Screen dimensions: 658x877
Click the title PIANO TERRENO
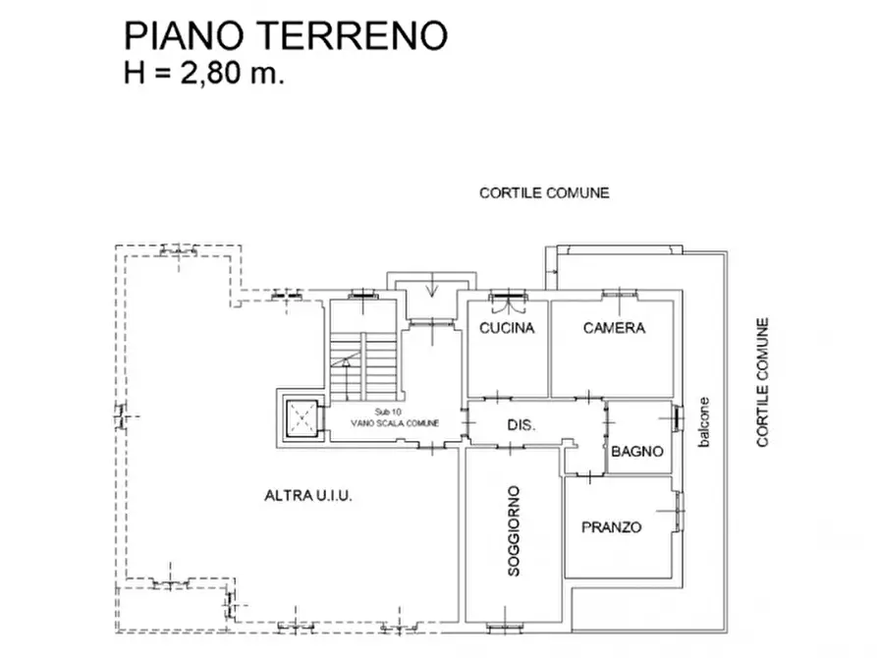pos(285,35)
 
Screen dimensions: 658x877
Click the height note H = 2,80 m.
pos(204,74)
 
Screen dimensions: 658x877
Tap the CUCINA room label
pos(507,328)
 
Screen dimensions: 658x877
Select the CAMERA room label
pos(614,328)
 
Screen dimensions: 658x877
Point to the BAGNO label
pos(637,453)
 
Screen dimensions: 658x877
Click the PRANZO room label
pos(611,527)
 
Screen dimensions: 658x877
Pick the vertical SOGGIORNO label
pos(515,530)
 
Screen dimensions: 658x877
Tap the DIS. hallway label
pos(521,425)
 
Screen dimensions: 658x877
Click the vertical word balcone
pos(703,423)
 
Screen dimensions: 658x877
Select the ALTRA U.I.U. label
pos(307,496)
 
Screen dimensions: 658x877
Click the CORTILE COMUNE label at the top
pos(544,192)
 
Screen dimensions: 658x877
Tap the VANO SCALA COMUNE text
pos(395,422)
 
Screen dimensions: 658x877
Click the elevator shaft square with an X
pos(301,420)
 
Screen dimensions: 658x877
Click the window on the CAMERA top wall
pos(618,293)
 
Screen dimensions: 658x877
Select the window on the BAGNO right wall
pos(677,416)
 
